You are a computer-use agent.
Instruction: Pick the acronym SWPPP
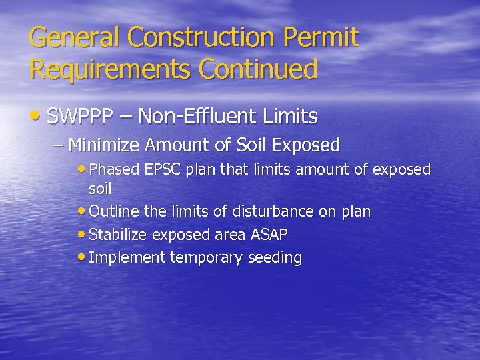coord(82,117)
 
